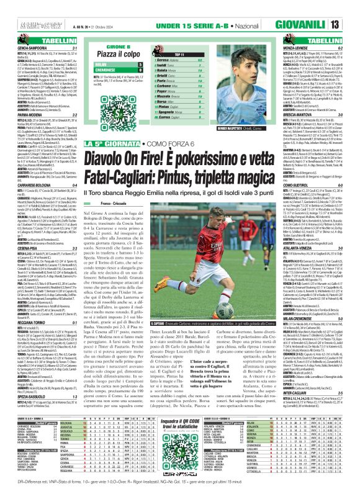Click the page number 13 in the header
point(352,8)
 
